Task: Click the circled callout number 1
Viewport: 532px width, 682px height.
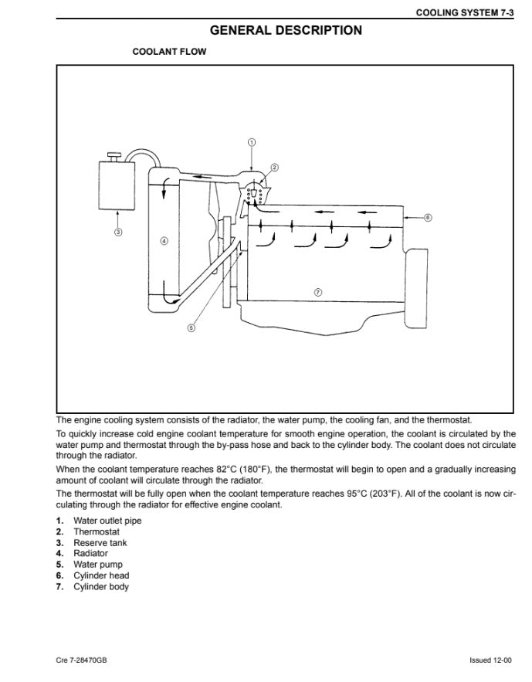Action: click(x=252, y=142)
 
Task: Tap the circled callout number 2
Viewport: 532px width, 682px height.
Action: click(x=274, y=168)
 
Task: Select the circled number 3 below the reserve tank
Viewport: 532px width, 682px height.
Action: click(x=118, y=232)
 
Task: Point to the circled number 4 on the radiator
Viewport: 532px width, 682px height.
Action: click(x=164, y=241)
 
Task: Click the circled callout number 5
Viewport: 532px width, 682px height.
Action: click(x=191, y=328)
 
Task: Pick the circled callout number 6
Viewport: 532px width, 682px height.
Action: click(x=428, y=218)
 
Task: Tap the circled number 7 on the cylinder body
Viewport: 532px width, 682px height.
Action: click(x=317, y=292)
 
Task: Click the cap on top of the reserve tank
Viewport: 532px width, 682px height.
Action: click(x=115, y=156)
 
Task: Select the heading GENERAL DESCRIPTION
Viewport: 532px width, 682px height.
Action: click(x=286, y=30)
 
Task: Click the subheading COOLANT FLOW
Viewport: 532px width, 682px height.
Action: click(x=169, y=51)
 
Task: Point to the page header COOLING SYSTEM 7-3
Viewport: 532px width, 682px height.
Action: click(x=465, y=12)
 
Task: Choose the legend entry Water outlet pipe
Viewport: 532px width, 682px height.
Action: click(x=107, y=521)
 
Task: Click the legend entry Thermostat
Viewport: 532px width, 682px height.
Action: click(x=96, y=531)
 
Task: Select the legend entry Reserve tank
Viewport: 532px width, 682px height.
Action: click(x=100, y=543)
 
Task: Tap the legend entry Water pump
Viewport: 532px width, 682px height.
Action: click(x=98, y=565)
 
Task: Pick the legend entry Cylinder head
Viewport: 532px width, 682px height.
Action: click(x=101, y=575)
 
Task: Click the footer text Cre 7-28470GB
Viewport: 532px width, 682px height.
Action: click(x=81, y=660)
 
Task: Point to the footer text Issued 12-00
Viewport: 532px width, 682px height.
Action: click(x=490, y=660)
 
